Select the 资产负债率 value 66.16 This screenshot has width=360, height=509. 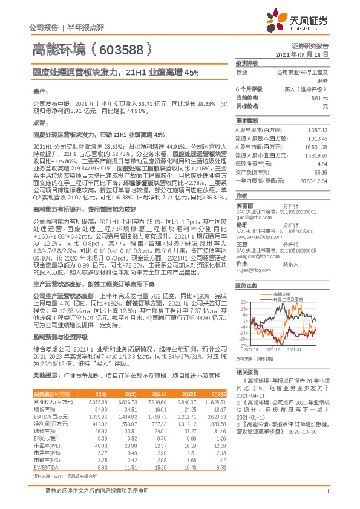[x=321, y=172]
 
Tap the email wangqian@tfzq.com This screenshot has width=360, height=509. [x=253, y=256]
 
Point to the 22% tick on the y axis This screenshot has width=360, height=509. [x=243, y=301]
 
